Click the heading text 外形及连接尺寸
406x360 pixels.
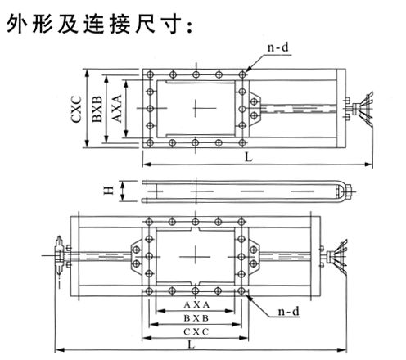pyautogui.click(x=100, y=24)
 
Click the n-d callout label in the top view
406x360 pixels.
pyautogui.click(x=277, y=47)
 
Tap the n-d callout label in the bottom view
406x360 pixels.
pyautogui.click(x=288, y=311)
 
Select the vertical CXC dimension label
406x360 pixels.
pyautogui.click(x=76, y=109)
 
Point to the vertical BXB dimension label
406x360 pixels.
pyautogui.click(x=97, y=109)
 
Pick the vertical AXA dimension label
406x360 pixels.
pyautogui.click(x=117, y=109)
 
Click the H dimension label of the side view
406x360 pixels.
pyautogui.click(x=109, y=191)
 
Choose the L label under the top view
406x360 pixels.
pyautogui.click(x=248, y=157)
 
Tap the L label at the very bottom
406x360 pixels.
pyautogui.click(x=192, y=344)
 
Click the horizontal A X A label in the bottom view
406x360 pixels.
pyautogui.click(x=196, y=304)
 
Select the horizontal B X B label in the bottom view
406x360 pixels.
pyautogui.click(x=196, y=318)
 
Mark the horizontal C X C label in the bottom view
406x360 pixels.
pyautogui.click(x=196, y=331)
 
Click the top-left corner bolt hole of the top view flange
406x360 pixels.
pyautogui.click(x=150, y=74)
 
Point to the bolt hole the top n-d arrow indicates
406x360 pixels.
pyautogui.click(x=242, y=74)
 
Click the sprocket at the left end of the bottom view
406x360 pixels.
pyautogui.click(x=59, y=255)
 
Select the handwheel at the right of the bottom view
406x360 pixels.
pyautogui.click(x=338, y=257)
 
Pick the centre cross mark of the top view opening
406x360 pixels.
pyautogui.click(x=196, y=108)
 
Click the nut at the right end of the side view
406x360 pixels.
pyautogui.click(x=349, y=191)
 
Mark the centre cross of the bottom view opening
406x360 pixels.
pyautogui.click(x=196, y=256)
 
